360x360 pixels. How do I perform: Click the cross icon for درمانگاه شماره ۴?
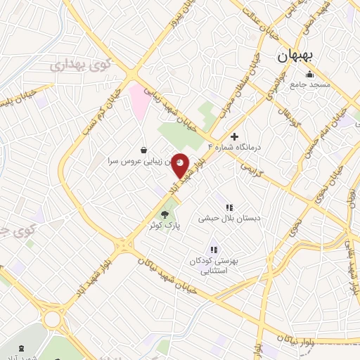235,136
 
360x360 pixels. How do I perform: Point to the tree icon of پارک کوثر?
165,214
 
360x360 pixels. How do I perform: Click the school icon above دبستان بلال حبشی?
229,207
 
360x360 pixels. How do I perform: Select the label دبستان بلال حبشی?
229,219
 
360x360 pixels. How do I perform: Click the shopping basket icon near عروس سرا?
144,150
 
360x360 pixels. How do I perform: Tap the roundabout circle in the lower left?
52,320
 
